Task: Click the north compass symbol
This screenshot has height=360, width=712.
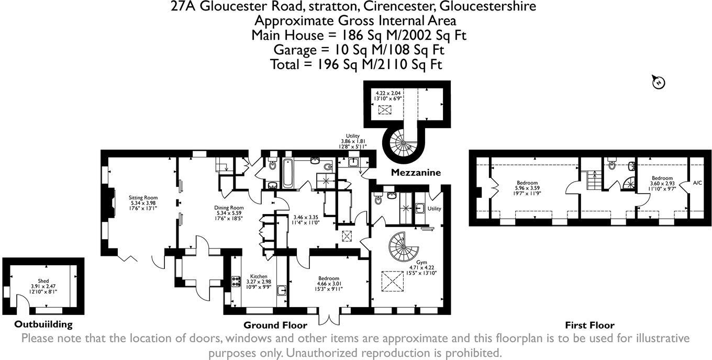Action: pyautogui.click(x=658, y=82)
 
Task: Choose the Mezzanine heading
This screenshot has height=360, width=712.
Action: pyautogui.click(x=416, y=173)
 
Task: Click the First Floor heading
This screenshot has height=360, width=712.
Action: pyautogui.click(x=589, y=325)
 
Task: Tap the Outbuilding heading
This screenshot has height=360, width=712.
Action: pyautogui.click(x=43, y=324)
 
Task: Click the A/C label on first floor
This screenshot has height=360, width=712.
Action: pyautogui.click(x=697, y=183)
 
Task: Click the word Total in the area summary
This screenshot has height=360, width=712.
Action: pyautogui.click(x=287, y=64)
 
